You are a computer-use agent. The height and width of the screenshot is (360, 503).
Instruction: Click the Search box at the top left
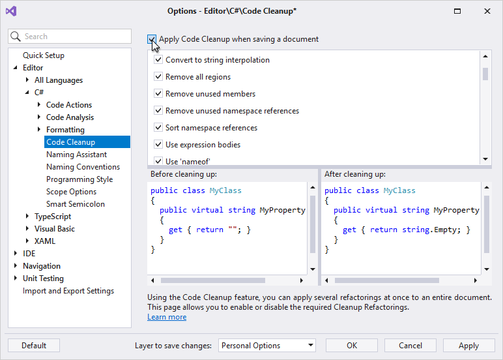point(70,37)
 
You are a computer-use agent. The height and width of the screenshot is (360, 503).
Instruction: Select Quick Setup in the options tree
point(44,55)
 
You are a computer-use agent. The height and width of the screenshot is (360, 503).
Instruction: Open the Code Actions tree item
point(69,105)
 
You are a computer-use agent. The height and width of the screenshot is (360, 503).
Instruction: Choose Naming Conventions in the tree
point(83,167)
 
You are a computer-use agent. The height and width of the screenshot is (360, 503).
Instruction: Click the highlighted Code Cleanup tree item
point(87,142)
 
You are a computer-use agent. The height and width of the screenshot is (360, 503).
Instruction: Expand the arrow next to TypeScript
point(27,216)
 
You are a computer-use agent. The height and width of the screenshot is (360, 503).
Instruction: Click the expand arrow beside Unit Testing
point(16,278)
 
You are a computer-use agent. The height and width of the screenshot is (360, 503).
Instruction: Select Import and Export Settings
point(68,291)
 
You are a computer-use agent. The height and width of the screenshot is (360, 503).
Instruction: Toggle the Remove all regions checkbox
point(158,76)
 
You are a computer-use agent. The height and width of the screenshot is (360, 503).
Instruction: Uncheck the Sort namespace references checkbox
point(158,127)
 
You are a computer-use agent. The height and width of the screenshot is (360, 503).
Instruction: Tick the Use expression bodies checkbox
point(158,144)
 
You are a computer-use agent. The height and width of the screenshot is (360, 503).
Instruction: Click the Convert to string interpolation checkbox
point(158,59)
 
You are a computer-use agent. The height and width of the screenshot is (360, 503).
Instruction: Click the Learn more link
point(167,317)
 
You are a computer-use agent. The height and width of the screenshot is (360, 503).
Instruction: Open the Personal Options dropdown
point(267,346)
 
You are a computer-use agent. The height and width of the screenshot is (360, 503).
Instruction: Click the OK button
point(352,346)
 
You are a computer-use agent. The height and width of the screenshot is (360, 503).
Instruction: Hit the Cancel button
point(410,346)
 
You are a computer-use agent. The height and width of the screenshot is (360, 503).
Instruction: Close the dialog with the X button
point(487,11)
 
